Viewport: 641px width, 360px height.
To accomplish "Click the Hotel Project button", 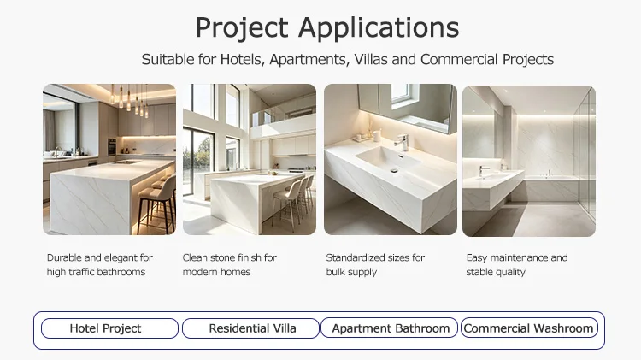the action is [x=109, y=328].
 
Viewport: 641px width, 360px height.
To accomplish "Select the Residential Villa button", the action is [x=250, y=328].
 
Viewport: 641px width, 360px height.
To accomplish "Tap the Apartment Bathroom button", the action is [x=389, y=328].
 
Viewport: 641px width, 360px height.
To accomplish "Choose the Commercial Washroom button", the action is [x=529, y=328].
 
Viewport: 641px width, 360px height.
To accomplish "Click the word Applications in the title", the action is [x=379, y=28].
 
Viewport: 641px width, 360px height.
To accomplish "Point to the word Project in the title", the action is [x=242, y=28].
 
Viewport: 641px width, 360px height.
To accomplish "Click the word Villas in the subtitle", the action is [x=371, y=59].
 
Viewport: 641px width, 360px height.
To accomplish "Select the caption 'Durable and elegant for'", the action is [x=100, y=257].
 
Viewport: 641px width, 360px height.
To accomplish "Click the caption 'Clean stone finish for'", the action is [x=229, y=257].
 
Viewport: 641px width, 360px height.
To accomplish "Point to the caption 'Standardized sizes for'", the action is [x=375, y=257].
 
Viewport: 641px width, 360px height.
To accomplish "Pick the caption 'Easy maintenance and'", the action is [x=517, y=257].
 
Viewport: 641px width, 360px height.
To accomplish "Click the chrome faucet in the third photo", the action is [x=401, y=142].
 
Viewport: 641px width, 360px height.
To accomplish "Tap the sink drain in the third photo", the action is [x=394, y=170].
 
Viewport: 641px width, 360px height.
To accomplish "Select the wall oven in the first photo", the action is [x=112, y=146].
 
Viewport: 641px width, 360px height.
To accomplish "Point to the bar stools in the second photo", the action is [x=293, y=198].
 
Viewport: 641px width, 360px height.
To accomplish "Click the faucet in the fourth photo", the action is [x=484, y=170].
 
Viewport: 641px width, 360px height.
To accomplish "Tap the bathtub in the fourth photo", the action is [x=552, y=188].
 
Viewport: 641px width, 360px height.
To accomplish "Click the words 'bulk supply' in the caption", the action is [x=351, y=272].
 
